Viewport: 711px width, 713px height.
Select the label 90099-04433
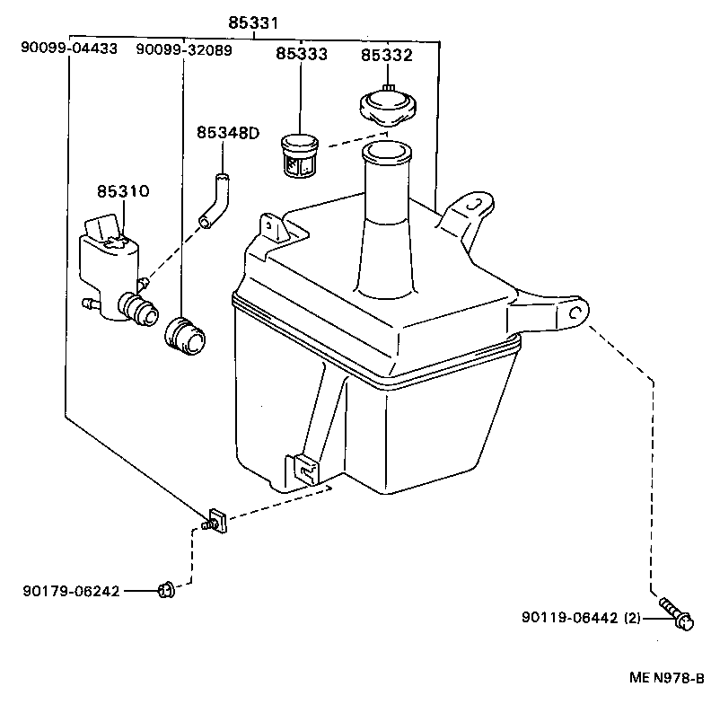pos(69,50)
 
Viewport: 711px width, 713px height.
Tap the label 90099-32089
pos(184,50)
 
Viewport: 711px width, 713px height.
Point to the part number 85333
pos(302,55)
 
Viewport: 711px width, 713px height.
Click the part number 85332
pos(387,55)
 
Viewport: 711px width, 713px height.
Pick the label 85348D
pos(227,133)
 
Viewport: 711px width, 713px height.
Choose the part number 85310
pos(123,191)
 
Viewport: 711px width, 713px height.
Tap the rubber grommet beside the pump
pos(186,335)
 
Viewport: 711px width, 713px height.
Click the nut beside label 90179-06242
pos(165,590)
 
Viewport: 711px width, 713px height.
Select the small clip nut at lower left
pos(215,520)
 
